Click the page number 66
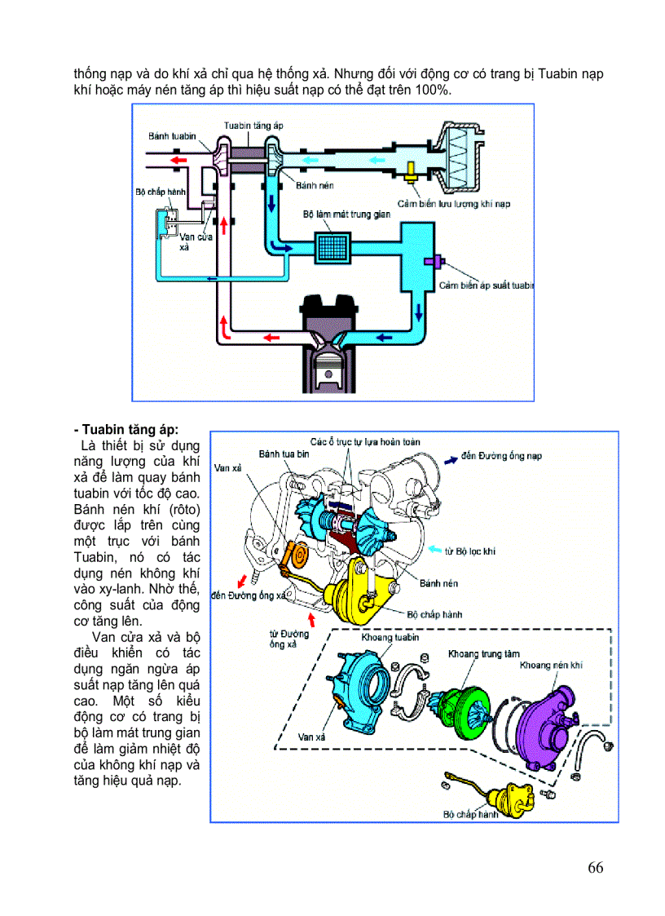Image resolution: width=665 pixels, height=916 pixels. (595, 867)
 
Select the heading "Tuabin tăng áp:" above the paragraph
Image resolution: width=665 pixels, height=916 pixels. (129, 429)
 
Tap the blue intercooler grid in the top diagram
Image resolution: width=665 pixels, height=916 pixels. (333, 246)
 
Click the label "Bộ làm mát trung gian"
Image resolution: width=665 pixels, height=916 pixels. (346, 214)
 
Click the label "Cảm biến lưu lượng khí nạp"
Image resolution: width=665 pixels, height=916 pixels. (453, 203)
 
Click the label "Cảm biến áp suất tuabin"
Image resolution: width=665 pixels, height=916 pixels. (487, 285)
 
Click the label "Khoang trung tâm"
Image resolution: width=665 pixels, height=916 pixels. (483, 654)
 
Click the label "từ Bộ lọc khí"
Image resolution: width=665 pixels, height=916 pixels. (469, 551)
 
